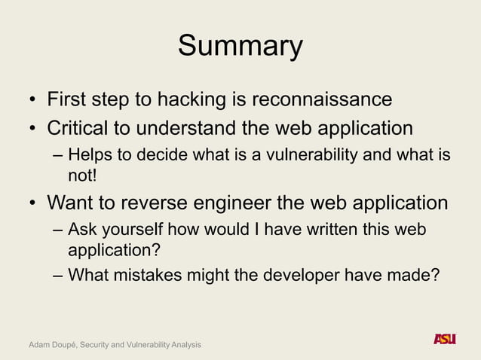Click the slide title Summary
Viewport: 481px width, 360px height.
coord(240,47)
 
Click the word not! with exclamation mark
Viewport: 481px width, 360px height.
coord(83,175)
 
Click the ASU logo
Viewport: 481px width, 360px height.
coord(445,339)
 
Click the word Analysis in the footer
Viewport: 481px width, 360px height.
coord(182,344)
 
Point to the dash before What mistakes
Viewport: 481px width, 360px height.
coord(58,275)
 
